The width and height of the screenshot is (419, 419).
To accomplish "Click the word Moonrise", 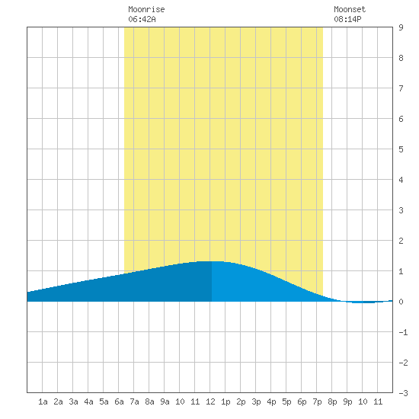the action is tap(146, 9).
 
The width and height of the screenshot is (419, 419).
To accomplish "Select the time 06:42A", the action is tap(142, 19).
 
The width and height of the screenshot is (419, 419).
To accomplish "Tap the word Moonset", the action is tap(350, 9).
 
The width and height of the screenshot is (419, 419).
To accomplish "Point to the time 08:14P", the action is tap(347, 19).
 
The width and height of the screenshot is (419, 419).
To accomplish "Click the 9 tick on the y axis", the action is tap(401, 27).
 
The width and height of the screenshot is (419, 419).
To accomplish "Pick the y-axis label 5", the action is tap(401, 149).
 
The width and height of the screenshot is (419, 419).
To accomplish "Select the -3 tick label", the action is tap(403, 393).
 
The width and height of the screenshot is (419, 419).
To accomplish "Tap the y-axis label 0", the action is tap(401, 302).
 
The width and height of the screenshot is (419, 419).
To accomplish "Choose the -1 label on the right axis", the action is tap(403, 332).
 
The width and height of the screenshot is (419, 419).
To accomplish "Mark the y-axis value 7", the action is tap(401, 88).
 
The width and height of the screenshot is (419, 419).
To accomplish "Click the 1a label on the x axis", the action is tap(43, 401).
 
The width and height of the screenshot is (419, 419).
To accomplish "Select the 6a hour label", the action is tap(119, 401).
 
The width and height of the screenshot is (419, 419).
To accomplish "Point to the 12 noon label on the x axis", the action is tap(210, 401).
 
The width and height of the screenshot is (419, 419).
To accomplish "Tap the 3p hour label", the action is tap(256, 401).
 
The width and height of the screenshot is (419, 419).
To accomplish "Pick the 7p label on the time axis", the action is tap(317, 401).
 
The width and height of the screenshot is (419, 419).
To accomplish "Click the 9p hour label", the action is tap(347, 401).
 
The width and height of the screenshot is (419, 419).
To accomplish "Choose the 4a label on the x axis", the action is tap(88, 401).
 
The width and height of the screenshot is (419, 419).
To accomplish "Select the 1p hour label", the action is tap(225, 401).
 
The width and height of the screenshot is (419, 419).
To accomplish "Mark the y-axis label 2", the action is tap(401, 241).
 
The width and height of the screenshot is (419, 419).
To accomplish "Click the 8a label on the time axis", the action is tap(149, 401).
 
